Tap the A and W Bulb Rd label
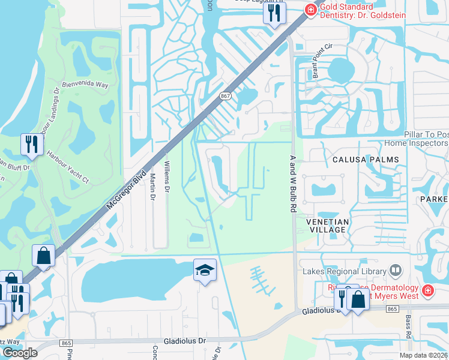tap(294, 184)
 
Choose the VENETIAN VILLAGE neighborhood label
tap(328, 226)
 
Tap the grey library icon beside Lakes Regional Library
tap(395, 271)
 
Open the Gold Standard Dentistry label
tap(362, 11)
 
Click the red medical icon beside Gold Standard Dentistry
tap(310, 9)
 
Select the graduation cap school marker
tap(205, 271)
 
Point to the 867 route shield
tap(225, 95)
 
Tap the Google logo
tap(20, 352)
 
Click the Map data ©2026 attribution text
tap(423, 355)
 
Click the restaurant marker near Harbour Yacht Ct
tap(30, 144)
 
